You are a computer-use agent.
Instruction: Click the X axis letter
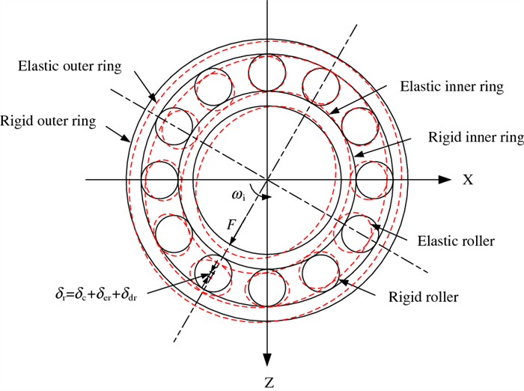tap(468, 181)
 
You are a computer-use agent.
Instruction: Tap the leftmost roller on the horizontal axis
tap(161, 181)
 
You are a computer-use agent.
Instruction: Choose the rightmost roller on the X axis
tap(373, 181)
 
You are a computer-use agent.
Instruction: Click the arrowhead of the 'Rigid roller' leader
tap(342, 282)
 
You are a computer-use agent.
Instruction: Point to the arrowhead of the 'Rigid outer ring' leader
tap(133, 140)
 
